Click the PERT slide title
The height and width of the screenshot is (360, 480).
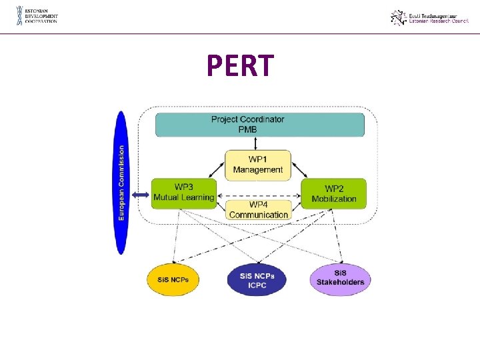[x=240, y=65]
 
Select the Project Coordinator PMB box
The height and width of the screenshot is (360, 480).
[x=260, y=125]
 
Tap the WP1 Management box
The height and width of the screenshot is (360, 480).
[x=257, y=165]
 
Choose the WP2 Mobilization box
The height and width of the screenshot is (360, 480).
[x=333, y=194]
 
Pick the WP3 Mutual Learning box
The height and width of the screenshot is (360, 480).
[x=184, y=193]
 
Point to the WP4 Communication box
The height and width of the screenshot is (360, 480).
[x=258, y=210]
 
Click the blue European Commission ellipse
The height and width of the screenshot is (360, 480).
[x=121, y=183]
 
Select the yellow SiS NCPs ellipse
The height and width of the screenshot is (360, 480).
[x=173, y=279]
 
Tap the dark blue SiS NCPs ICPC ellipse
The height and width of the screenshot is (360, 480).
[x=257, y=280]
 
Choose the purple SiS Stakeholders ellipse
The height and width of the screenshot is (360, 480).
[x=340, y=278]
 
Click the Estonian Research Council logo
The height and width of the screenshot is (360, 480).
[x=431, y=17]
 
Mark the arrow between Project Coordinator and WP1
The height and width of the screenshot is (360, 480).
[x=257, y=143]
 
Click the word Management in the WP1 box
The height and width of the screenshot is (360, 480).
[x=258, y=170]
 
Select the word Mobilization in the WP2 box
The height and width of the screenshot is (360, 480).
[x=334, y=199]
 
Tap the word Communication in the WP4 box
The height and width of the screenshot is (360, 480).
[x=259, y=215]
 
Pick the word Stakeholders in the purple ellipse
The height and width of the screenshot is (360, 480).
[x=341, y=282]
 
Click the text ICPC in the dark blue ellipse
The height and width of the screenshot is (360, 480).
[x=257, y=285]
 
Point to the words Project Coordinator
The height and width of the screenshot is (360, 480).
[x=247, y=119]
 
